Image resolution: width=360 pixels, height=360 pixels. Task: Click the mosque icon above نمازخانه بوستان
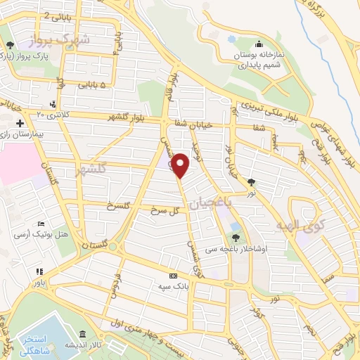pos(259,44)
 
